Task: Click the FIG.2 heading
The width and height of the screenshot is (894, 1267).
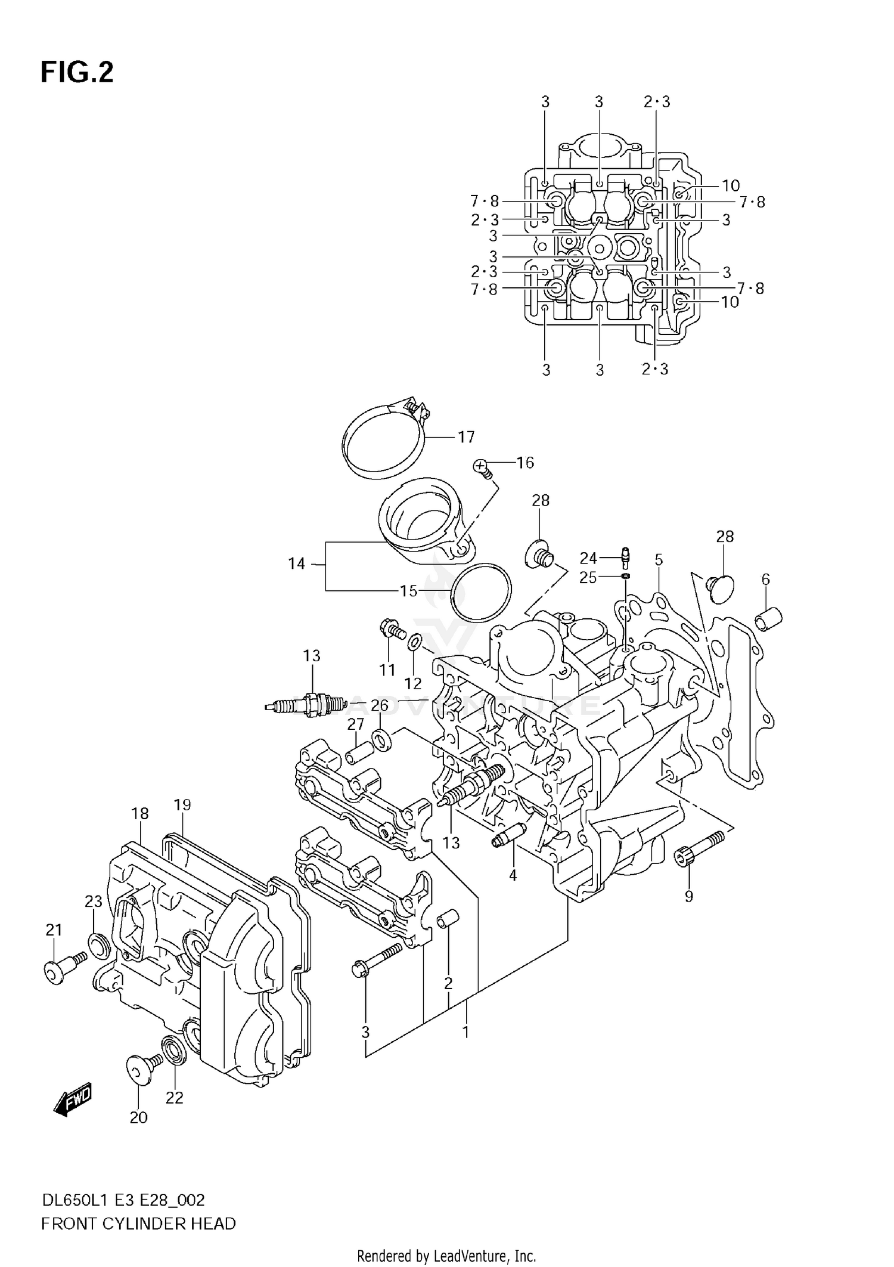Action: point(77,73)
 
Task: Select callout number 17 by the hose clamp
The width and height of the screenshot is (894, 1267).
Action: point(465,437)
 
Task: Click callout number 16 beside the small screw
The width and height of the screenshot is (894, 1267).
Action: point(524,463)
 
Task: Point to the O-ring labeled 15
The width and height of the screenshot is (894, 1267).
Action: point(481,591)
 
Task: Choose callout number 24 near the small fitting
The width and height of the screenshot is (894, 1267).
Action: point(588,558)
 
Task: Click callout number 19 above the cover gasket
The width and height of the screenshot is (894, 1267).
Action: point(182,806)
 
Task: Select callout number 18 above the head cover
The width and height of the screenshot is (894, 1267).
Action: point(140,813)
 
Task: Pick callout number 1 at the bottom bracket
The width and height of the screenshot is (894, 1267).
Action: point(465,1031)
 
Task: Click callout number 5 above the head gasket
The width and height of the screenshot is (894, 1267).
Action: point(659,559)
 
